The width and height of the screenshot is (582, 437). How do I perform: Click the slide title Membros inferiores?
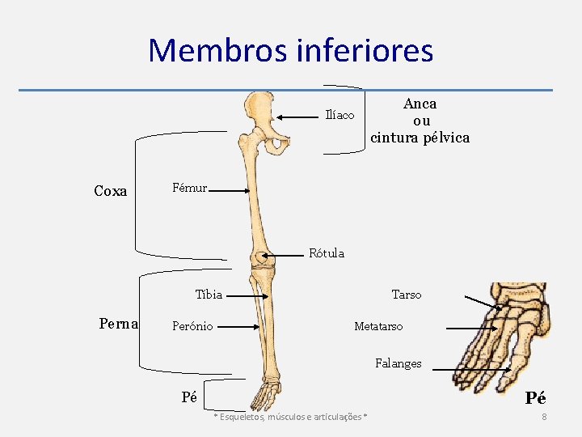(x=291, y=50)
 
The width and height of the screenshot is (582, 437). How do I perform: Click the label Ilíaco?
(x=339, y=115)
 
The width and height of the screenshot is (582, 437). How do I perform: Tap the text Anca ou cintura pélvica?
(x=420, y=121)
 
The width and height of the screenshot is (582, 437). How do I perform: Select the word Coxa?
(x=111, y=191)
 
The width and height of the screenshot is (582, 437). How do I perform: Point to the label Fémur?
(x=190, y=189)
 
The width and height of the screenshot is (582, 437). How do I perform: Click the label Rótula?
(x=327, y=253)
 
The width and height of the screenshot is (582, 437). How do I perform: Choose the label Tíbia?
(x=209, y=295)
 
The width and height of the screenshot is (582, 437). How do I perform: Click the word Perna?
(x=119, y=324)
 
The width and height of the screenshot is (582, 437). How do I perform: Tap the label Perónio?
(x=192, y=326)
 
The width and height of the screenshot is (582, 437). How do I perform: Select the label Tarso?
(x=406, y=295)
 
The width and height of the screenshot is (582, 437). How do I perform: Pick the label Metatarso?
(x=378, y=326)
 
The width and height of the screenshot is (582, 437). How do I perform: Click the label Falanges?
(x=398, y=363)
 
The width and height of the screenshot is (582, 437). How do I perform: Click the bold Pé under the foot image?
(x=535, y=398)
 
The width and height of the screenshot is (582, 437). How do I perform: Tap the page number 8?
(x=544, y=417)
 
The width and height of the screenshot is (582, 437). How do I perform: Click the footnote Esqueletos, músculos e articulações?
(x=289, y=417)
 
